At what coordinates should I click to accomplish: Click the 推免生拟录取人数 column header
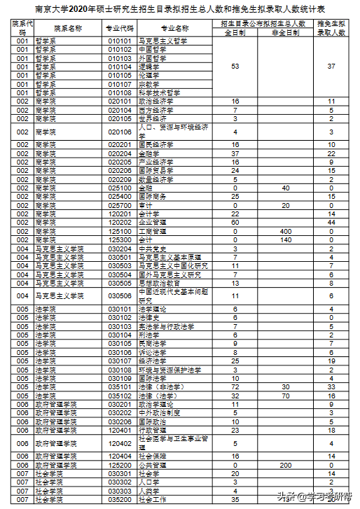point(331,29)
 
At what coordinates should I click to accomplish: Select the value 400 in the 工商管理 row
point(285,230)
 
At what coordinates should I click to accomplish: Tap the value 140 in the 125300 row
point(285,239)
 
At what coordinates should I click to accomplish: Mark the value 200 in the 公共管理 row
point(285,465)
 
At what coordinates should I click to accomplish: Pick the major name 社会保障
point(153,456)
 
